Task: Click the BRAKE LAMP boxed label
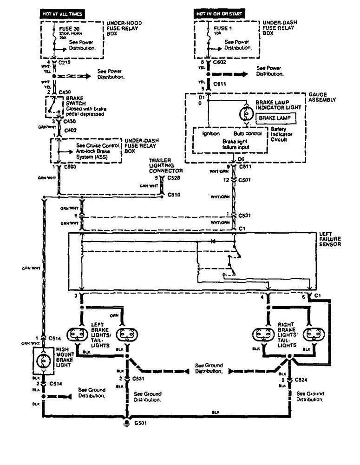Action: tap(274, 118)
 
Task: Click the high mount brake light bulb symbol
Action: tap(45, 360)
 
